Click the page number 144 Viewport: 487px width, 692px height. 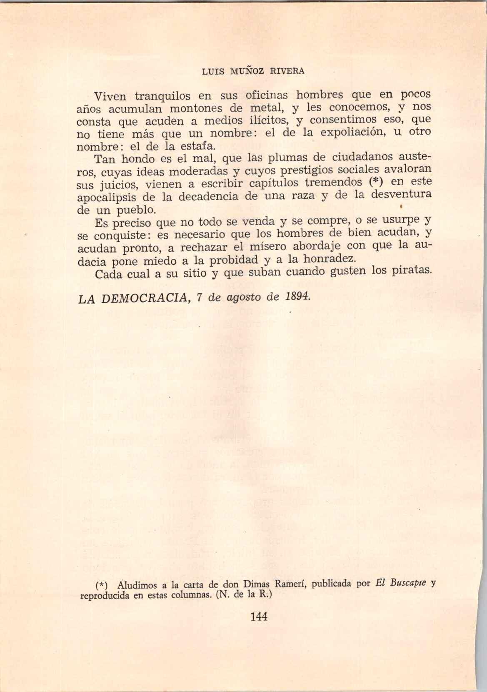point(259,617)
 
